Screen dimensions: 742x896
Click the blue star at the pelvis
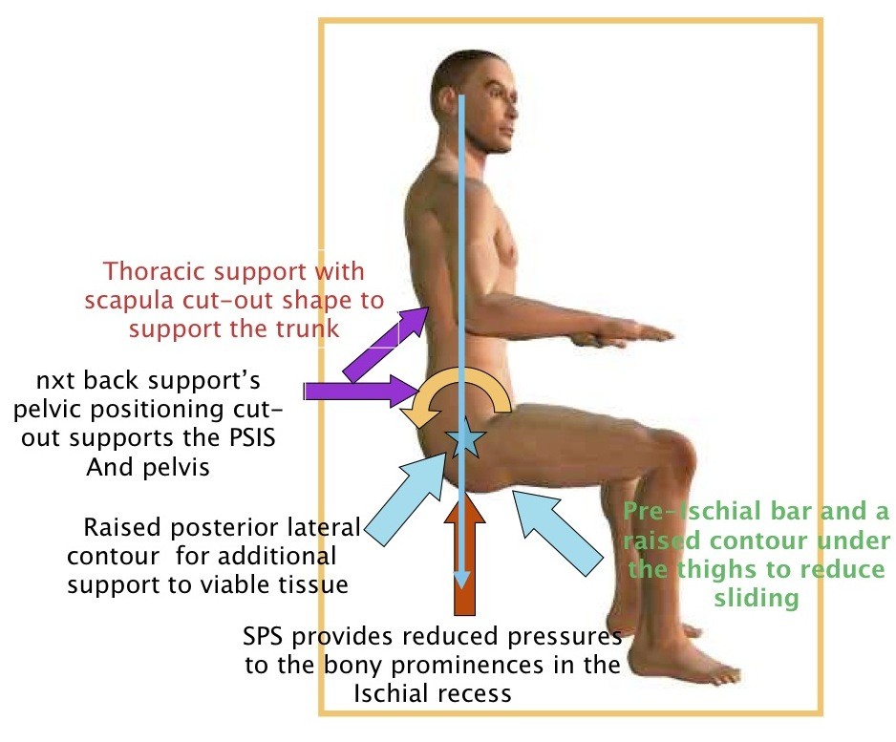(x=465, y=440)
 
